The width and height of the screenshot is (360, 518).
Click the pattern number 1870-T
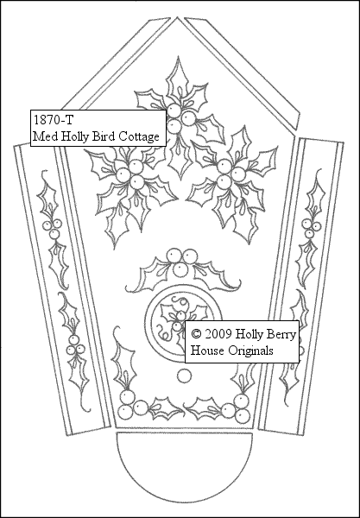[53, 120]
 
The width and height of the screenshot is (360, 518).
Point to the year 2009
[218, 334]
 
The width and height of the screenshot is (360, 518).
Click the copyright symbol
[196, 334]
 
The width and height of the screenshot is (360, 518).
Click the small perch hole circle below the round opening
[184, 376]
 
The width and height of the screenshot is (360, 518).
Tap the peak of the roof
[177, 17]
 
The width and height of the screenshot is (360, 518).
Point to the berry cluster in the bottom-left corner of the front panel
[131, 406]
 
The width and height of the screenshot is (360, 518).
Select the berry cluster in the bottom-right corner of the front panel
[237, 408]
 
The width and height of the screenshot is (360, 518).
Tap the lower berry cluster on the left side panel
[75, 345]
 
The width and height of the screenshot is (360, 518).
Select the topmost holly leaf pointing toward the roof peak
[179, 79]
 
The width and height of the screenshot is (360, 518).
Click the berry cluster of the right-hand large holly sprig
[231, 174]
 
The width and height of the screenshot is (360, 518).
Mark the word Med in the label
[45, 136]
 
